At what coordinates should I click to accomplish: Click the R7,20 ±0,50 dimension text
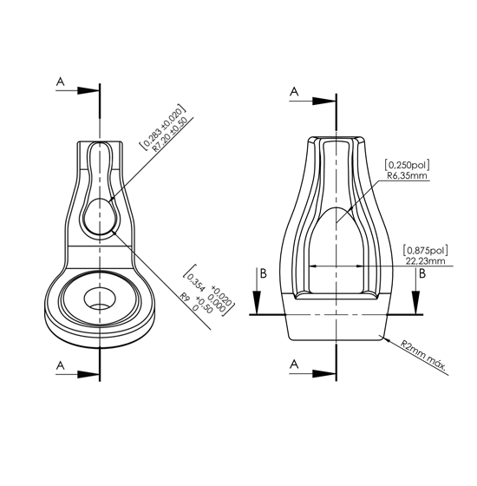170,134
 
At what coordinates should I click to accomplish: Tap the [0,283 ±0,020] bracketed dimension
163,128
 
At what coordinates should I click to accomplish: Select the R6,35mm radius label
407,175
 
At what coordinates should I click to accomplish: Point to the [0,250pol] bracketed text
407,165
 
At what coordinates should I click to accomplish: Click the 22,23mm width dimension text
425,261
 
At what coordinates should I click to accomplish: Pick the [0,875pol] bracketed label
425,250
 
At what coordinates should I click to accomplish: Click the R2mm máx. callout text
423,357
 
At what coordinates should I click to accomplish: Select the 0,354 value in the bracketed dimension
196,283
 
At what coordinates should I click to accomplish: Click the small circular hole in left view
100,299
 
